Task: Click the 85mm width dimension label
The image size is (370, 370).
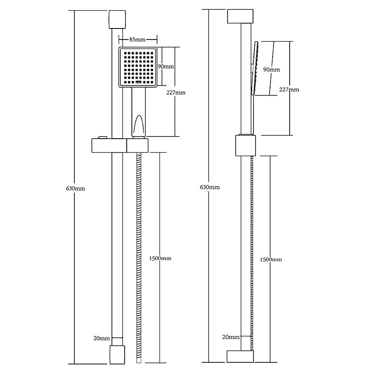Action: (x=137, y=40)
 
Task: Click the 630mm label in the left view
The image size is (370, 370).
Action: (x=76, y=188)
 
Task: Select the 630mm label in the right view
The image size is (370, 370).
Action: (x=210, y=187)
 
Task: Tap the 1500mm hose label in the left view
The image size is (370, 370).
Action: (x=160, y=258)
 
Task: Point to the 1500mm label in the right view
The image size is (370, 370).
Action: (x=271, y=259)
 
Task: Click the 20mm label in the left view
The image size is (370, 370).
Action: (x=102, y=338)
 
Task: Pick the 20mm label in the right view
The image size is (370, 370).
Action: (x=231, y=337)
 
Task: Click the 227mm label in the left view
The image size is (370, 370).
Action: (x=176, y=93)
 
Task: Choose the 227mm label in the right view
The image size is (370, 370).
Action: (x=289, y=89)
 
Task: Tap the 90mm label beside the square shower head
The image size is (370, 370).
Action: (x=166, y=66)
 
